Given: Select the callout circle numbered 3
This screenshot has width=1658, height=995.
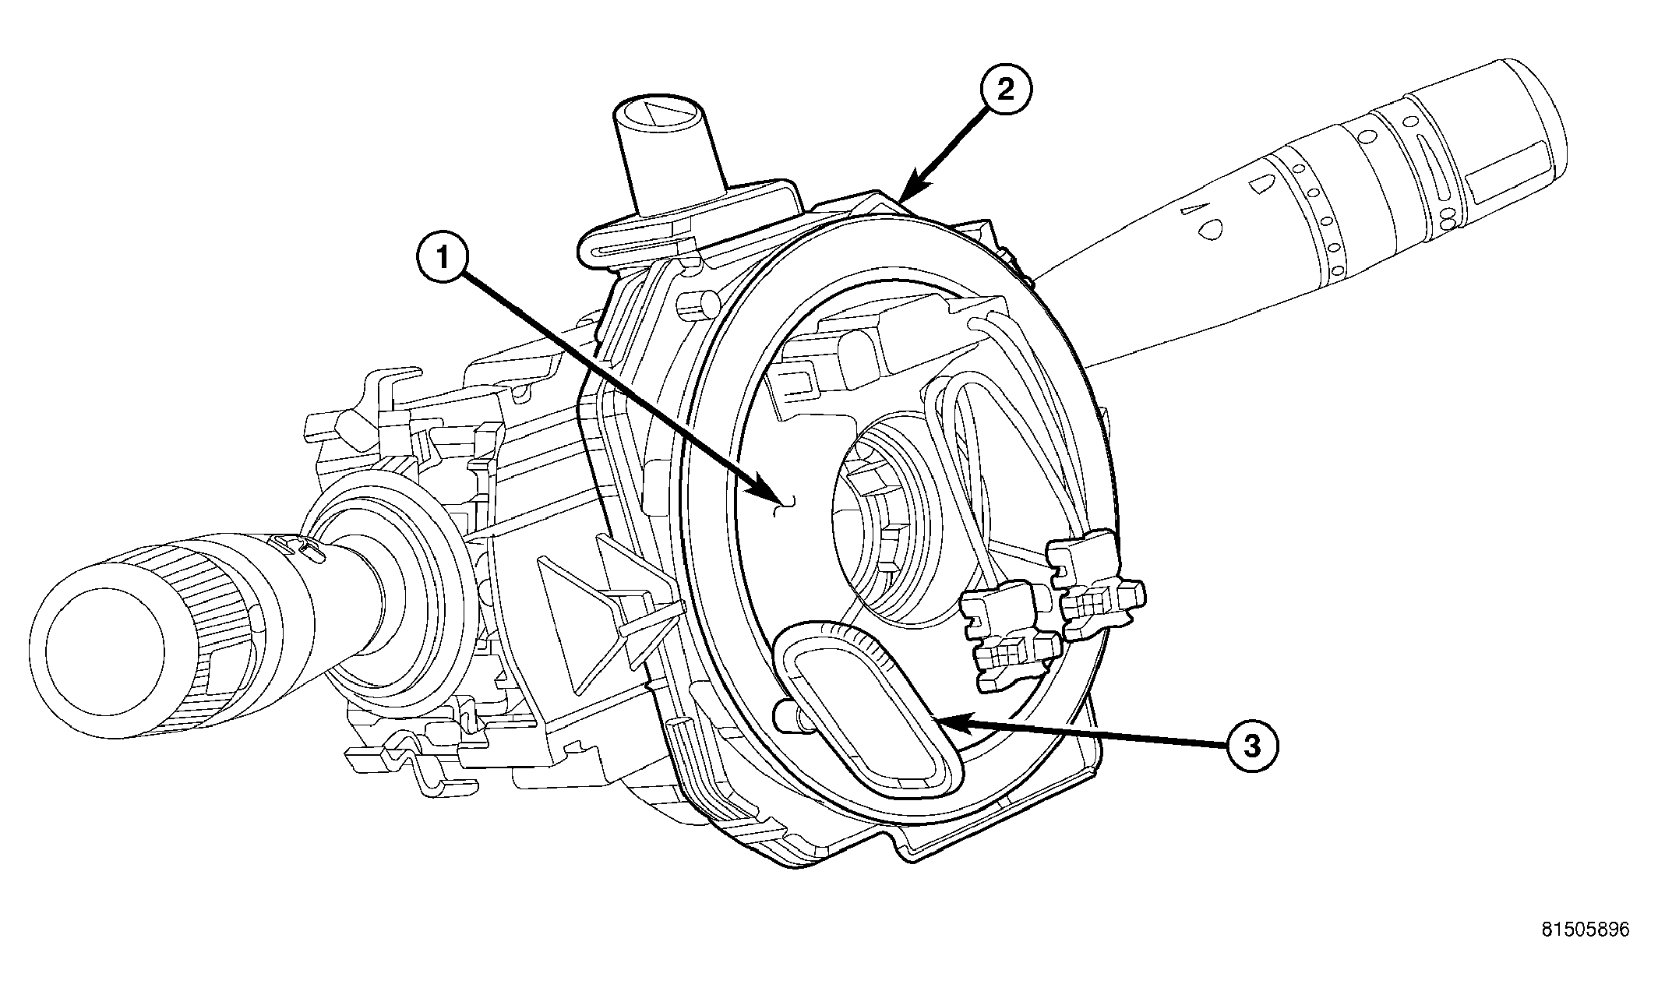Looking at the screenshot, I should click(x=1251, y=746).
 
